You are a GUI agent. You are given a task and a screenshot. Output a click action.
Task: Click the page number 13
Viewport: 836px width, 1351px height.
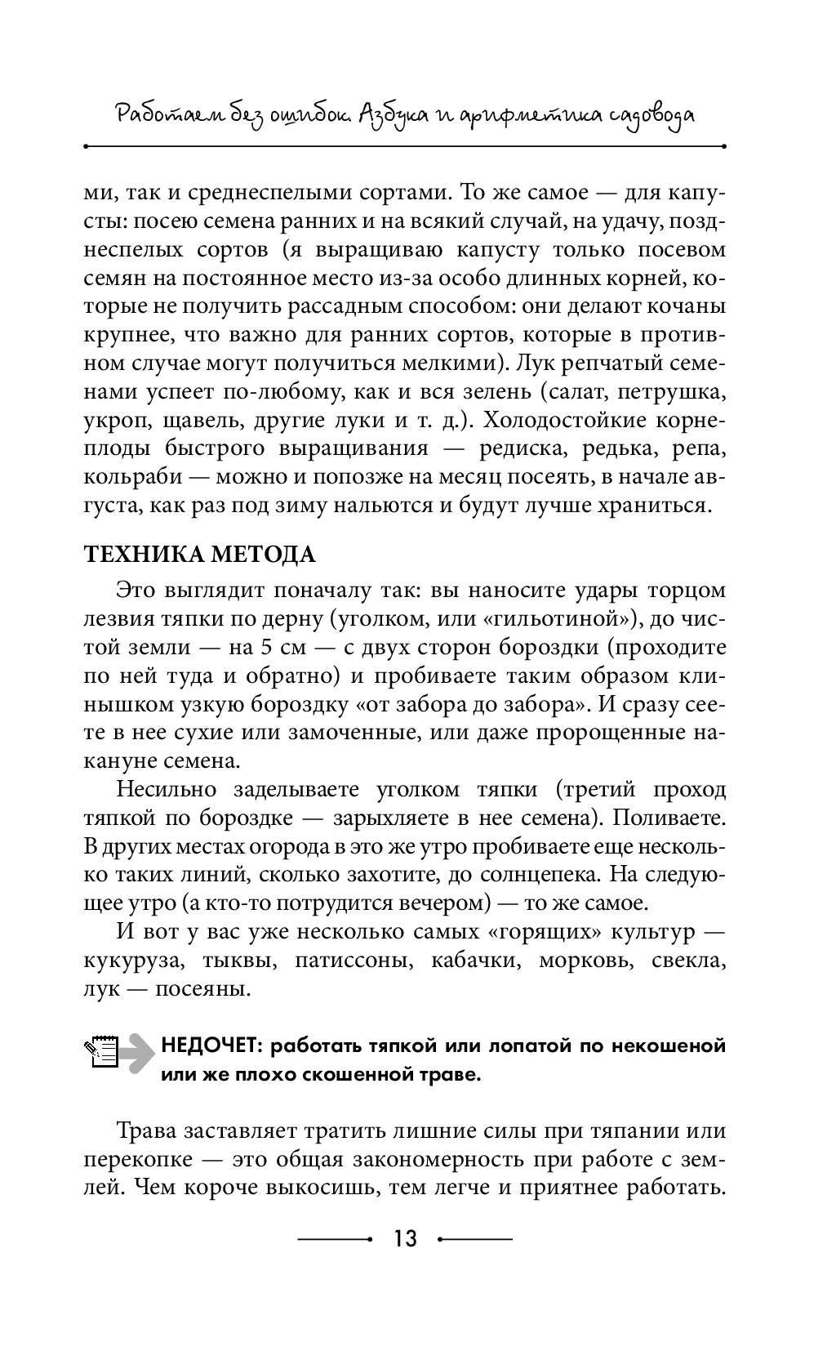405,1239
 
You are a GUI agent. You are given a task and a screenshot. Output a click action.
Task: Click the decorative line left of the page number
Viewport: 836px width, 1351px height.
335,1239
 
